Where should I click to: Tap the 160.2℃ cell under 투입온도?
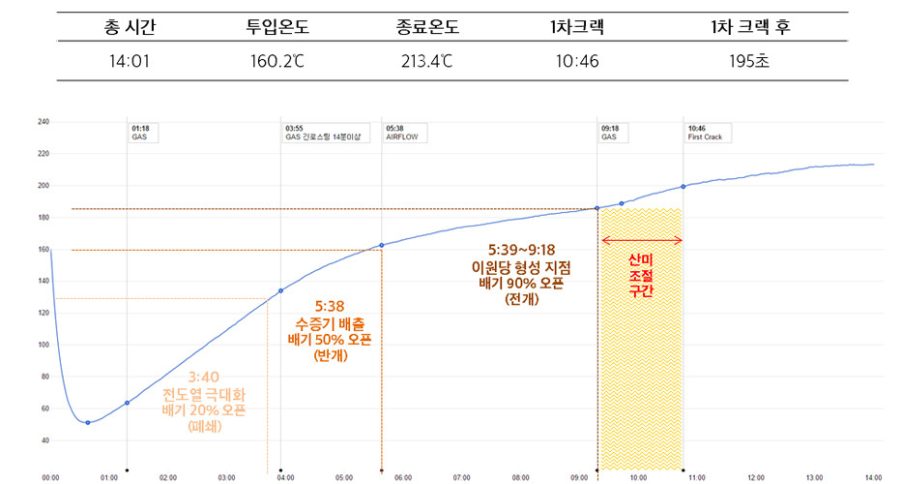pyautogui.click(x=276, y=63)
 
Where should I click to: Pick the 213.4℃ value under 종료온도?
pyautogui.click(x=426, y=63)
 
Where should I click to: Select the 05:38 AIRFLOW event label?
pyautogui.click(x=401, y=132)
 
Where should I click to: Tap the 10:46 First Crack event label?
pyautogui.click(x=707, y=132)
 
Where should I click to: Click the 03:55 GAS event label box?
pyautogui.click(x=322, y=132)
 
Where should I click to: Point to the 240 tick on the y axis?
pyautogui.click(x=43, y=122)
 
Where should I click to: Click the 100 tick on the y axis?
pyautogui.click(x=43, y=345)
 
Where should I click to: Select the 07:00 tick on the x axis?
pyautogui.click(x=462, y=477)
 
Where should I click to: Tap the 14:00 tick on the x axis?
pyautogui.click(x=873, y=477)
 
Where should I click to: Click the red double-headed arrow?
pyautogui.click(x=642, y=240)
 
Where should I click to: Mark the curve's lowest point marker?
pyautogui.click(x=88, y=422)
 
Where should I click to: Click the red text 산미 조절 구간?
pyautogui.click(x=641, y=275)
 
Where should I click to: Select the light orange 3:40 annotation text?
pyautogui.click(x=204, y=378)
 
